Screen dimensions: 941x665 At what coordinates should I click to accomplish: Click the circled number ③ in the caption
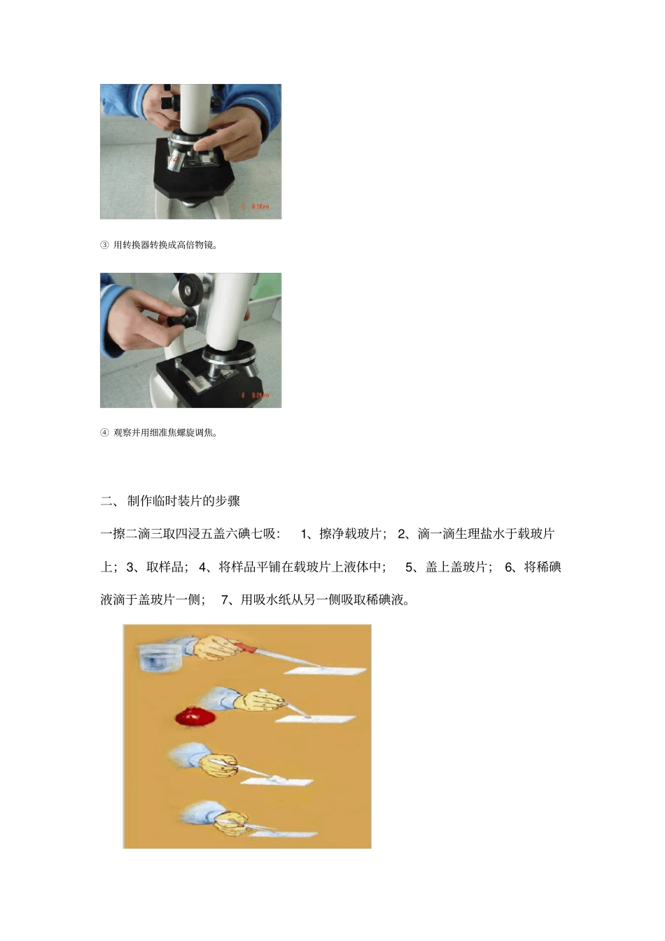[104, 245]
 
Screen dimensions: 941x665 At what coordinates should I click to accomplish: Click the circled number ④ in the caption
[104, 432]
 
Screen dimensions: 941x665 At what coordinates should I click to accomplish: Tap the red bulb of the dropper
[246, 649]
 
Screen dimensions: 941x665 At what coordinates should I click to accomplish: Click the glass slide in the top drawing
[325, 670]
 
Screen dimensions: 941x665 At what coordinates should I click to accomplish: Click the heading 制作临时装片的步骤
[183, 501]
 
